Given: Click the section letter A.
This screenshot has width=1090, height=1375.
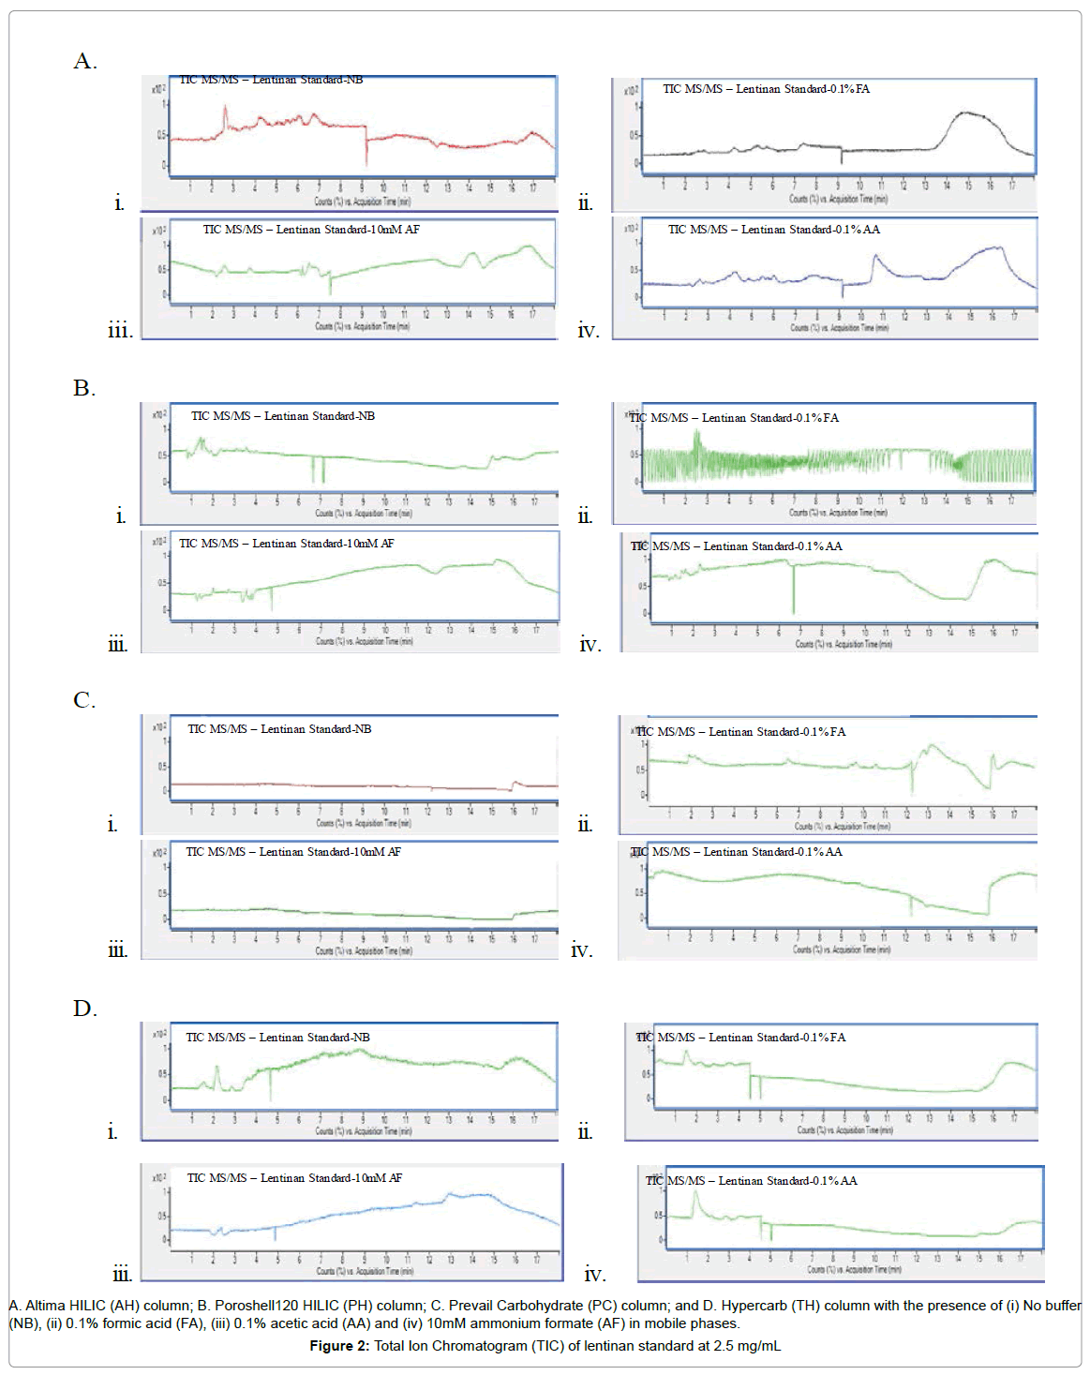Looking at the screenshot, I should (85, 62).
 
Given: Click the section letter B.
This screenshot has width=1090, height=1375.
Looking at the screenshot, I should (84, 388).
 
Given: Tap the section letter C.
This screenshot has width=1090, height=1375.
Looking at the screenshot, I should (84, 700).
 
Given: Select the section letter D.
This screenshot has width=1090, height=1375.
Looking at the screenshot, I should (85, 1009).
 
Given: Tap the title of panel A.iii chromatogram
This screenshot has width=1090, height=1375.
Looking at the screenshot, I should (311, 230).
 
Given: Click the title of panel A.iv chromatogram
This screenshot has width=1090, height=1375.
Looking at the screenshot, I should (773, 230).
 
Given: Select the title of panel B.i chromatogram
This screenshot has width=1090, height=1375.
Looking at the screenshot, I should (282, 416).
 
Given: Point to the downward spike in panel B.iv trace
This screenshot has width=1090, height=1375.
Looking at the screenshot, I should (794, 595).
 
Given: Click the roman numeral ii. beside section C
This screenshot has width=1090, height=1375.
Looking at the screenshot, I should (585, 825).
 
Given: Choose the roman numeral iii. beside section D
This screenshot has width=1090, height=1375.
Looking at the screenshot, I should (122, 1274).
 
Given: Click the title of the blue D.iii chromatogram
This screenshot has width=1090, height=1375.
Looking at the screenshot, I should (294, 1178).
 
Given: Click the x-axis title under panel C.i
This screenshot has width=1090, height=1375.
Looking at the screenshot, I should (363, 823).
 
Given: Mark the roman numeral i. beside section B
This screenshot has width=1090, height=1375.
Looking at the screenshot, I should (120, 516).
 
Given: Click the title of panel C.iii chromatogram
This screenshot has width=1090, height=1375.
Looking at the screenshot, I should (292, 852).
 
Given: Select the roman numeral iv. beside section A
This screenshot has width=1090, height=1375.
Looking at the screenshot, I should (588, 330).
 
